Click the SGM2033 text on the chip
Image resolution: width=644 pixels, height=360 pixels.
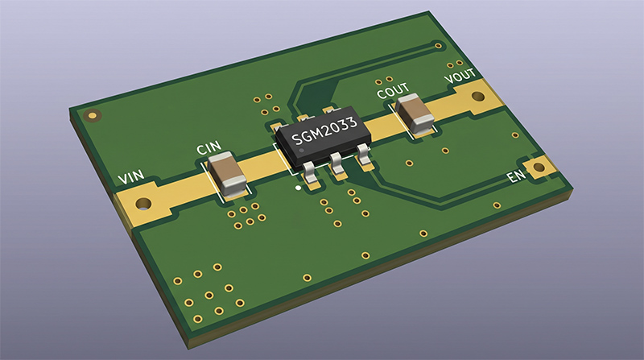pos(324,131)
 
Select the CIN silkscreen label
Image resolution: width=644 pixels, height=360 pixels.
pos(209,147)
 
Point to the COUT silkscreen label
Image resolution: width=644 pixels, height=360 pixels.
pos(393,90)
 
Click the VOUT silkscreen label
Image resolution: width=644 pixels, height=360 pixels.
pos(460,76)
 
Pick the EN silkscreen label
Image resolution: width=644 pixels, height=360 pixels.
pos(516,176)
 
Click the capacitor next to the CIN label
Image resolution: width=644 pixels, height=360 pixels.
pos(227,173)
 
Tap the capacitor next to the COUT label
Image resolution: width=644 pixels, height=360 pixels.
pos(415,114)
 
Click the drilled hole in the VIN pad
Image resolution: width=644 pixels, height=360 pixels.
pos(144,203)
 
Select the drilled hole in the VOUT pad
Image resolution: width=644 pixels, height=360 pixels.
pos(478,97)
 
